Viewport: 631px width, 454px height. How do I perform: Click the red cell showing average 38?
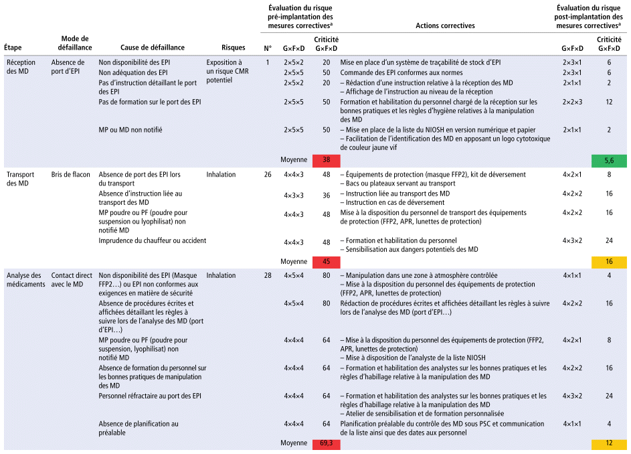[x=326, y=160]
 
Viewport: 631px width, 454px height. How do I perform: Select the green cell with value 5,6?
[x=609, y=160]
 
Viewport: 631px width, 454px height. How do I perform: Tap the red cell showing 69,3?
[x=326, y=443]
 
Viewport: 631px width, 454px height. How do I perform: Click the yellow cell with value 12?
[x=609, y=443]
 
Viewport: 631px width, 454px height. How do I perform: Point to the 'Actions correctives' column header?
[x=445, y=26]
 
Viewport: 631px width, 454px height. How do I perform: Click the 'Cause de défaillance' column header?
[x=153, y=48]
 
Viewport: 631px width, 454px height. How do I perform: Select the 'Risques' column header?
[x=233, y=48]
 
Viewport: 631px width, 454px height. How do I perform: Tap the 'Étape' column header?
[x=13, y=48]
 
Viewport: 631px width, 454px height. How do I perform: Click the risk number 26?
[x=268, y=175]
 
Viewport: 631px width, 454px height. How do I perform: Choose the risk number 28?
[x=268, y=275]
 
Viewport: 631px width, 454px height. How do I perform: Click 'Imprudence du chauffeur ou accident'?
[x=152, y=240]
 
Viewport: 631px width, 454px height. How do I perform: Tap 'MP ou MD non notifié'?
[x=130, y=130]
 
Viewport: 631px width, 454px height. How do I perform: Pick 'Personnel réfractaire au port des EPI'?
[x=149, y=396]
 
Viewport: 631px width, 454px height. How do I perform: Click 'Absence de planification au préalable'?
[x=139, y=427]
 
